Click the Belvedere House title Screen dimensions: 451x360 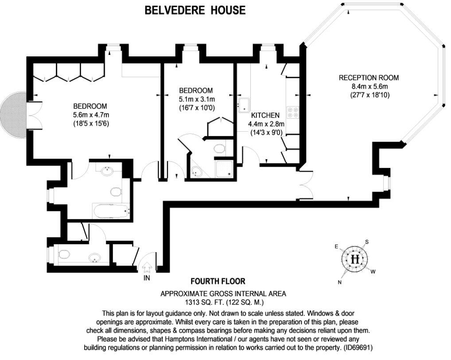point(195,10)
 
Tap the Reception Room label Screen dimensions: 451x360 point(369,78)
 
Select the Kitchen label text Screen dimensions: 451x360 point(265,115)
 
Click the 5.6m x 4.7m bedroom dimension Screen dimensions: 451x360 point(91,115)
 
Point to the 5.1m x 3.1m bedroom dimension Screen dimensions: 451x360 point(197,99)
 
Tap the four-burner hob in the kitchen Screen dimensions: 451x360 point(292,112)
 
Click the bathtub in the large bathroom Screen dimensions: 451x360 point(111,211)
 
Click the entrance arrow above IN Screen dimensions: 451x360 point(147,267)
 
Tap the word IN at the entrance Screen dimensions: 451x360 point(147,278)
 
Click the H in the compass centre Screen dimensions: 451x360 point(355,259)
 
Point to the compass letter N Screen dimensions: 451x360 point(340,282)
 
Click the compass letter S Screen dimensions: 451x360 point(367,242)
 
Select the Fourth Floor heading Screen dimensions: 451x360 point(218,281)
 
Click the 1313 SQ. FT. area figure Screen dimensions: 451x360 point(205,302)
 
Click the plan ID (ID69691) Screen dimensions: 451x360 point(358,348)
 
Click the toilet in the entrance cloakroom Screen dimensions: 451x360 point(64,254)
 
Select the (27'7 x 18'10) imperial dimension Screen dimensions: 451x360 point(369,95)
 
